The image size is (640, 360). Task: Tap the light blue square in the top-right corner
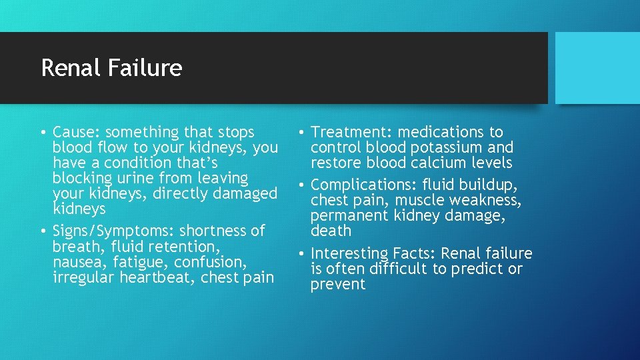coord(597,68)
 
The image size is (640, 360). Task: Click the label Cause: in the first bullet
coord(77,132)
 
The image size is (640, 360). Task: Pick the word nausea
coord(77,261)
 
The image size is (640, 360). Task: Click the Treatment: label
coord(351,132)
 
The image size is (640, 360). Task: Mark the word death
coord(330,231)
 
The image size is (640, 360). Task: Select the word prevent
coord(337,284)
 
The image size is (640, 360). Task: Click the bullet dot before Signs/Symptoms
coord(43,231)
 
